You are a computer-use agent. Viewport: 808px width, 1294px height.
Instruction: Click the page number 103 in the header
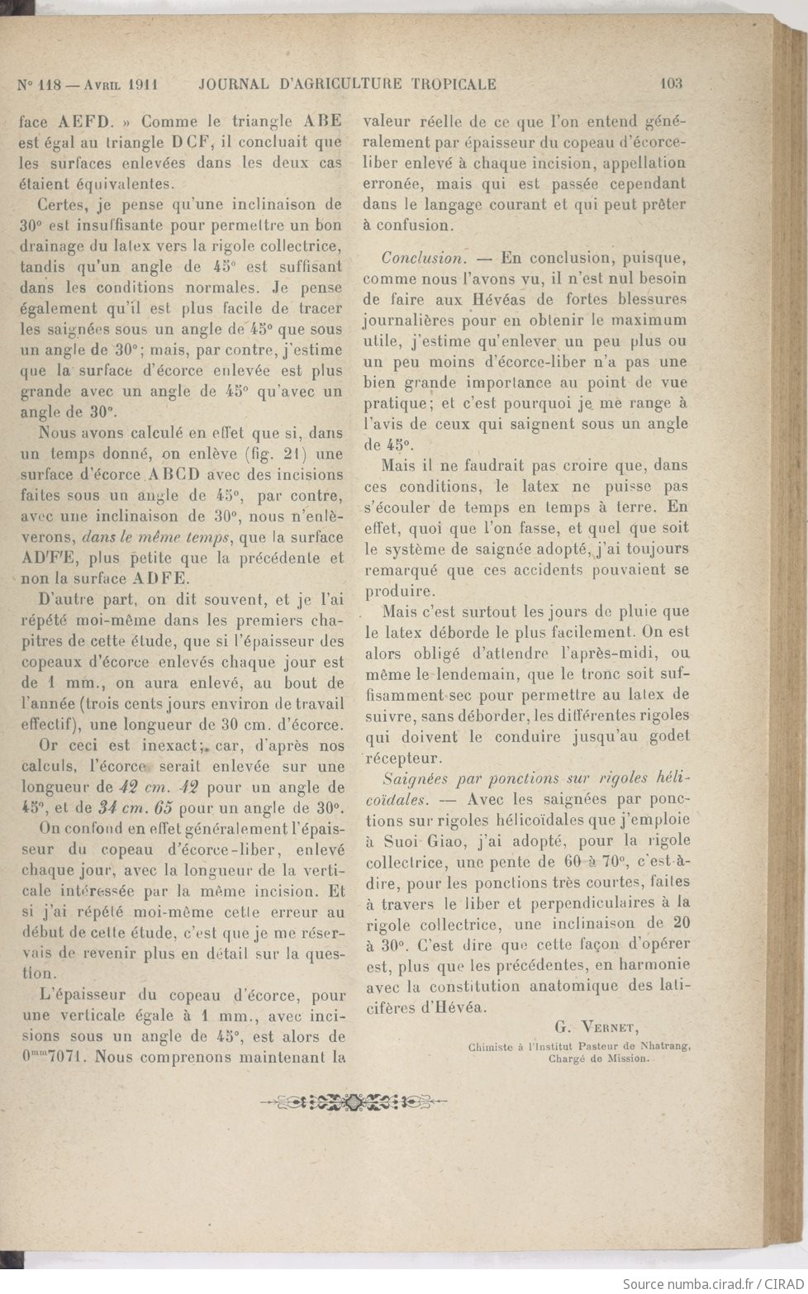point(671,83)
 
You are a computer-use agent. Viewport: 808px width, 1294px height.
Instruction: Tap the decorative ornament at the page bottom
point(354,1101)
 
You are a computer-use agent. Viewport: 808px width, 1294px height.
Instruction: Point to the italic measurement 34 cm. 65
point(139,806)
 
